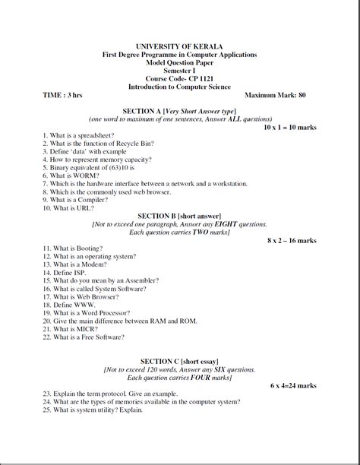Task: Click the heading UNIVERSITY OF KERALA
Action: (179, 46)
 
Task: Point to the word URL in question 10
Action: (83, 207)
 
